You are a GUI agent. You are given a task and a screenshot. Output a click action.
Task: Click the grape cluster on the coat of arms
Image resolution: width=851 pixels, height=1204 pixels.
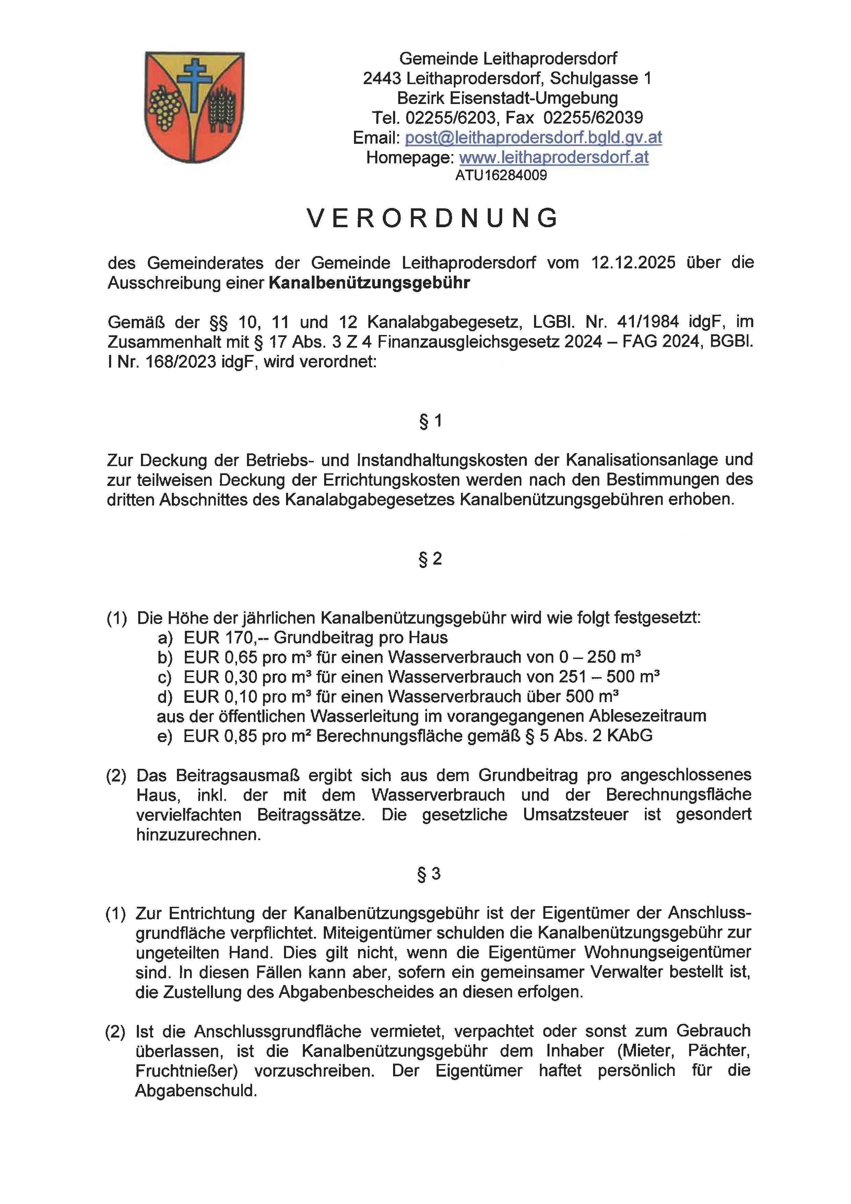pos(165,107)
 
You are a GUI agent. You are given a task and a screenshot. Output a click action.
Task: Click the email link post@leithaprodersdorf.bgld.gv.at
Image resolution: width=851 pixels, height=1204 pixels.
pos(533,137)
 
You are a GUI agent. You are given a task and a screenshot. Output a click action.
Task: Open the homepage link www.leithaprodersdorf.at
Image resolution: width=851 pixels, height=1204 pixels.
pos(554,157)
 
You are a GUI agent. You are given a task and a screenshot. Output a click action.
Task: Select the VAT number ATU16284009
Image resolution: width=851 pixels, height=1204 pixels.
pos(501,175)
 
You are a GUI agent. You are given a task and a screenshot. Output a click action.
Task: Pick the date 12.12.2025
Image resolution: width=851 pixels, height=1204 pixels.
pos(633,262)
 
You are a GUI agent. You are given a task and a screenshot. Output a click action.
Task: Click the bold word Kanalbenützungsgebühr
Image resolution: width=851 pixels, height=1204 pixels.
pos(369,283)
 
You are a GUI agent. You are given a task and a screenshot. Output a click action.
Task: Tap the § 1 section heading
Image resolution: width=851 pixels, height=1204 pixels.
pos(430,420)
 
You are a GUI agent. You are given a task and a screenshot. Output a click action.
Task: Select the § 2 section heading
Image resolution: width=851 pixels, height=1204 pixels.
pos(430,559)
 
